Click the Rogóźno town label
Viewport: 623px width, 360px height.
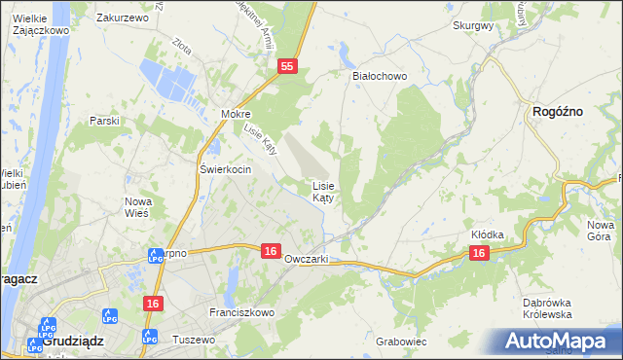click(558, 112)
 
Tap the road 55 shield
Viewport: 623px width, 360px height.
click(286, 66)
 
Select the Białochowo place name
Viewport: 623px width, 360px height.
click(379, 75)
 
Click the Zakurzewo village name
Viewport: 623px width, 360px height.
click(122, 18)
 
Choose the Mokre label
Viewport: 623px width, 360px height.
click(236, 114)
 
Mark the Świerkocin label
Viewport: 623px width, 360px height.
click(226, 169)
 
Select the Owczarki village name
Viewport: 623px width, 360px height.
click(307, 260)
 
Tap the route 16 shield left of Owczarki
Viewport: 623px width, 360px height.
click(272, 251)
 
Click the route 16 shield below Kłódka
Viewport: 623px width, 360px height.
click(478, 252)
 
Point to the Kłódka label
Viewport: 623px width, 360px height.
click(488, 234)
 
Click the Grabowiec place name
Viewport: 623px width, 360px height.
click(401, 342)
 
